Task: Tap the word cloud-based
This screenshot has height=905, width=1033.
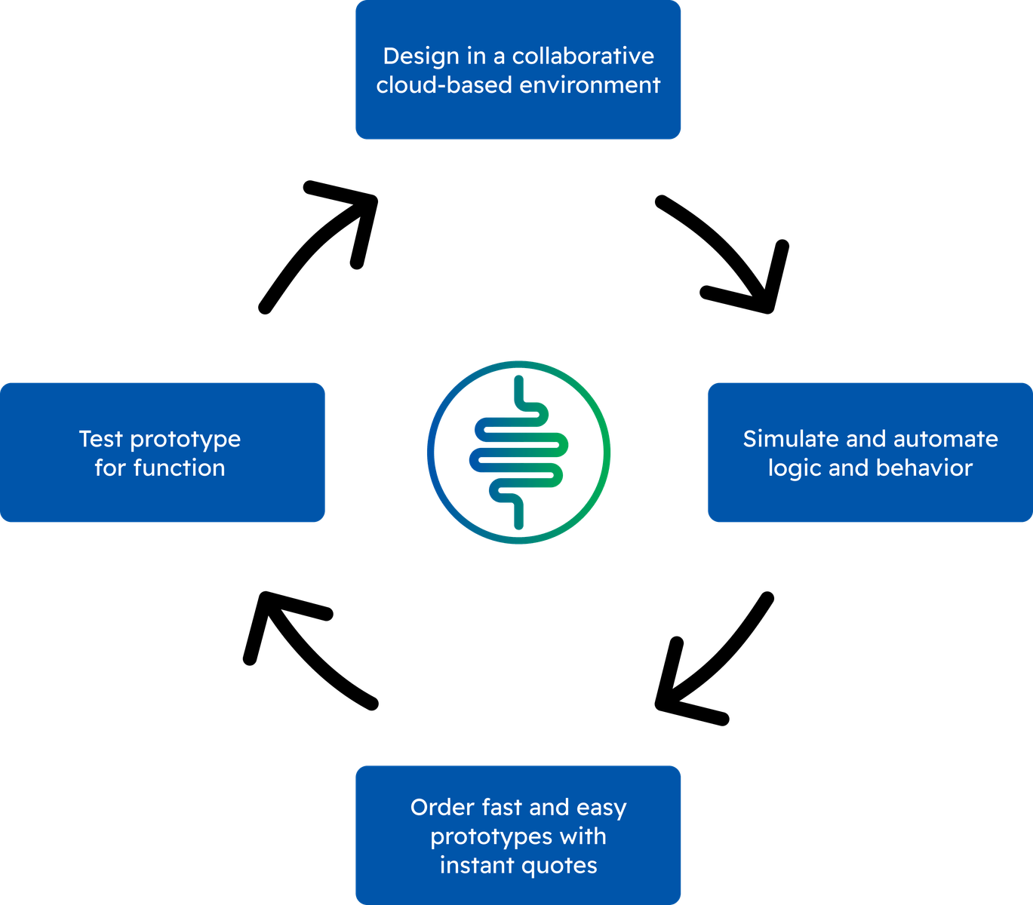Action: tap(444, 84)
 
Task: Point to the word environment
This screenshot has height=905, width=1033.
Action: tap(590, 85)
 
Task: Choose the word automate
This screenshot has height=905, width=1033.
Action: tap(945, 440)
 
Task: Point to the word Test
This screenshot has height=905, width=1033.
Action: tap(101, 439)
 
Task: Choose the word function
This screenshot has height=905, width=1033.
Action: tap(179, 468)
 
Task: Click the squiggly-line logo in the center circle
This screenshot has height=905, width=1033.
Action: tap(518, 452)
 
